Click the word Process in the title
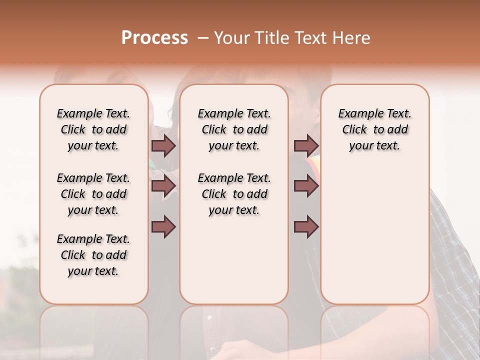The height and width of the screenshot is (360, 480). coord(154,37)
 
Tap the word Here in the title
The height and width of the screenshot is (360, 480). coord(352,38)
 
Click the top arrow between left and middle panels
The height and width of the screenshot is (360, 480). coord(163,146)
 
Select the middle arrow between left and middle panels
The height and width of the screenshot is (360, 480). coord(163,186)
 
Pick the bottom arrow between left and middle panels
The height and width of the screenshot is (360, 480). coord(163,227)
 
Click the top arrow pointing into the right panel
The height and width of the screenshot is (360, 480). coord(306,146)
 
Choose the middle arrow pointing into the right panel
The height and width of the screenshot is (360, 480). coord(306,186)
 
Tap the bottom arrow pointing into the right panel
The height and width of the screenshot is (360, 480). coord(306,227)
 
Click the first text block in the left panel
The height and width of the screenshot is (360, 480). coord(93,129)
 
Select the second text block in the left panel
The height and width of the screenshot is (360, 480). coord(93,194)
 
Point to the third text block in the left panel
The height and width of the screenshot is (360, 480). coord(93,255)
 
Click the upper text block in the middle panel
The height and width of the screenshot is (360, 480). coord(234,129)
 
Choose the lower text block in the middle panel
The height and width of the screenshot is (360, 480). coord(234,194)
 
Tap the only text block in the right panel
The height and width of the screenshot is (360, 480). coord(374,129)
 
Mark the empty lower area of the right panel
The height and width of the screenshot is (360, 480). coord(374,235)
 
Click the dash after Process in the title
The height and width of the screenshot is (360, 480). coord(203,38)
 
